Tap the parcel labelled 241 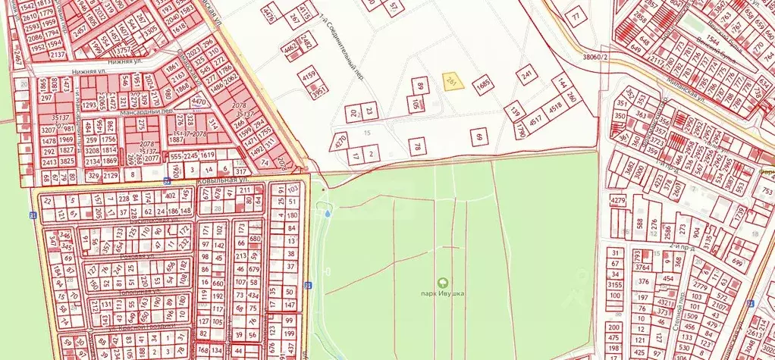pyautogui.click(x=526, y=75)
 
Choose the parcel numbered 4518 pyautogui.click(x=557, y=108)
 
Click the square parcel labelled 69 pyautogui.click(x=478, y=137)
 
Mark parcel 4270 pyautogui.click(x=340, y=140)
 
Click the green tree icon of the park pyautogui.click(x=443, y=282)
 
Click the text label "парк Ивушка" pyautogui.click(x=443, y=294)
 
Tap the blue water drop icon pyautogui.click(x=327, y=214)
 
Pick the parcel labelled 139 pyautogui.click(x=516, y=113)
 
